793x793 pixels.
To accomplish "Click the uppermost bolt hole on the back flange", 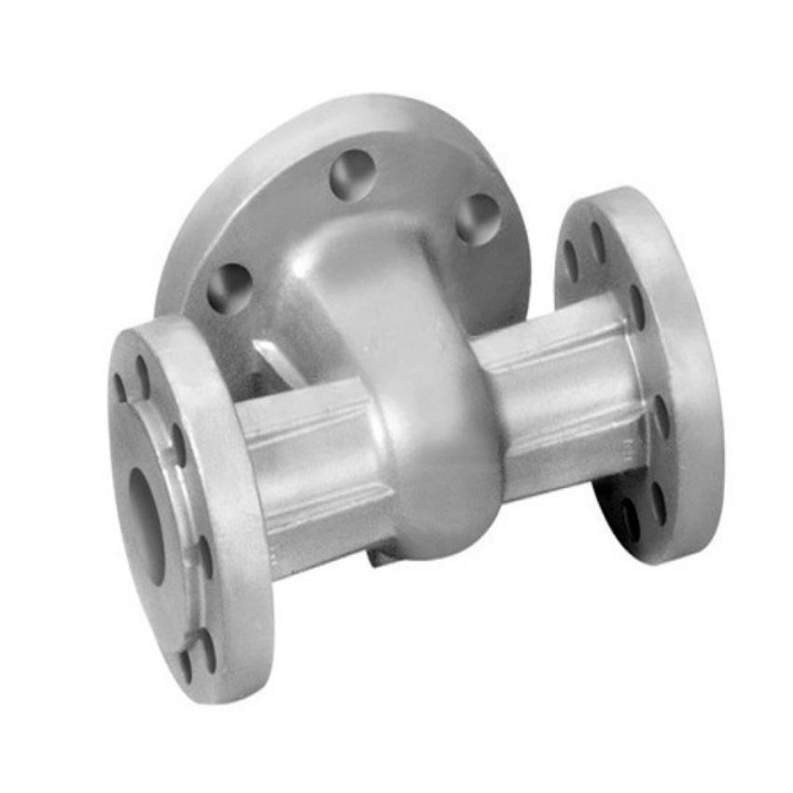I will coord(353,174).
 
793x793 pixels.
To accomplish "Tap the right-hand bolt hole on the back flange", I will coord(478,218).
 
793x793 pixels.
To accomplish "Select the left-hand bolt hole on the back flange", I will coord(230,286).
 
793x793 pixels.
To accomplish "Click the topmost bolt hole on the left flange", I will coord(143,375).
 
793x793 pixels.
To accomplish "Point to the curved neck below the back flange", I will coord(364,280).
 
